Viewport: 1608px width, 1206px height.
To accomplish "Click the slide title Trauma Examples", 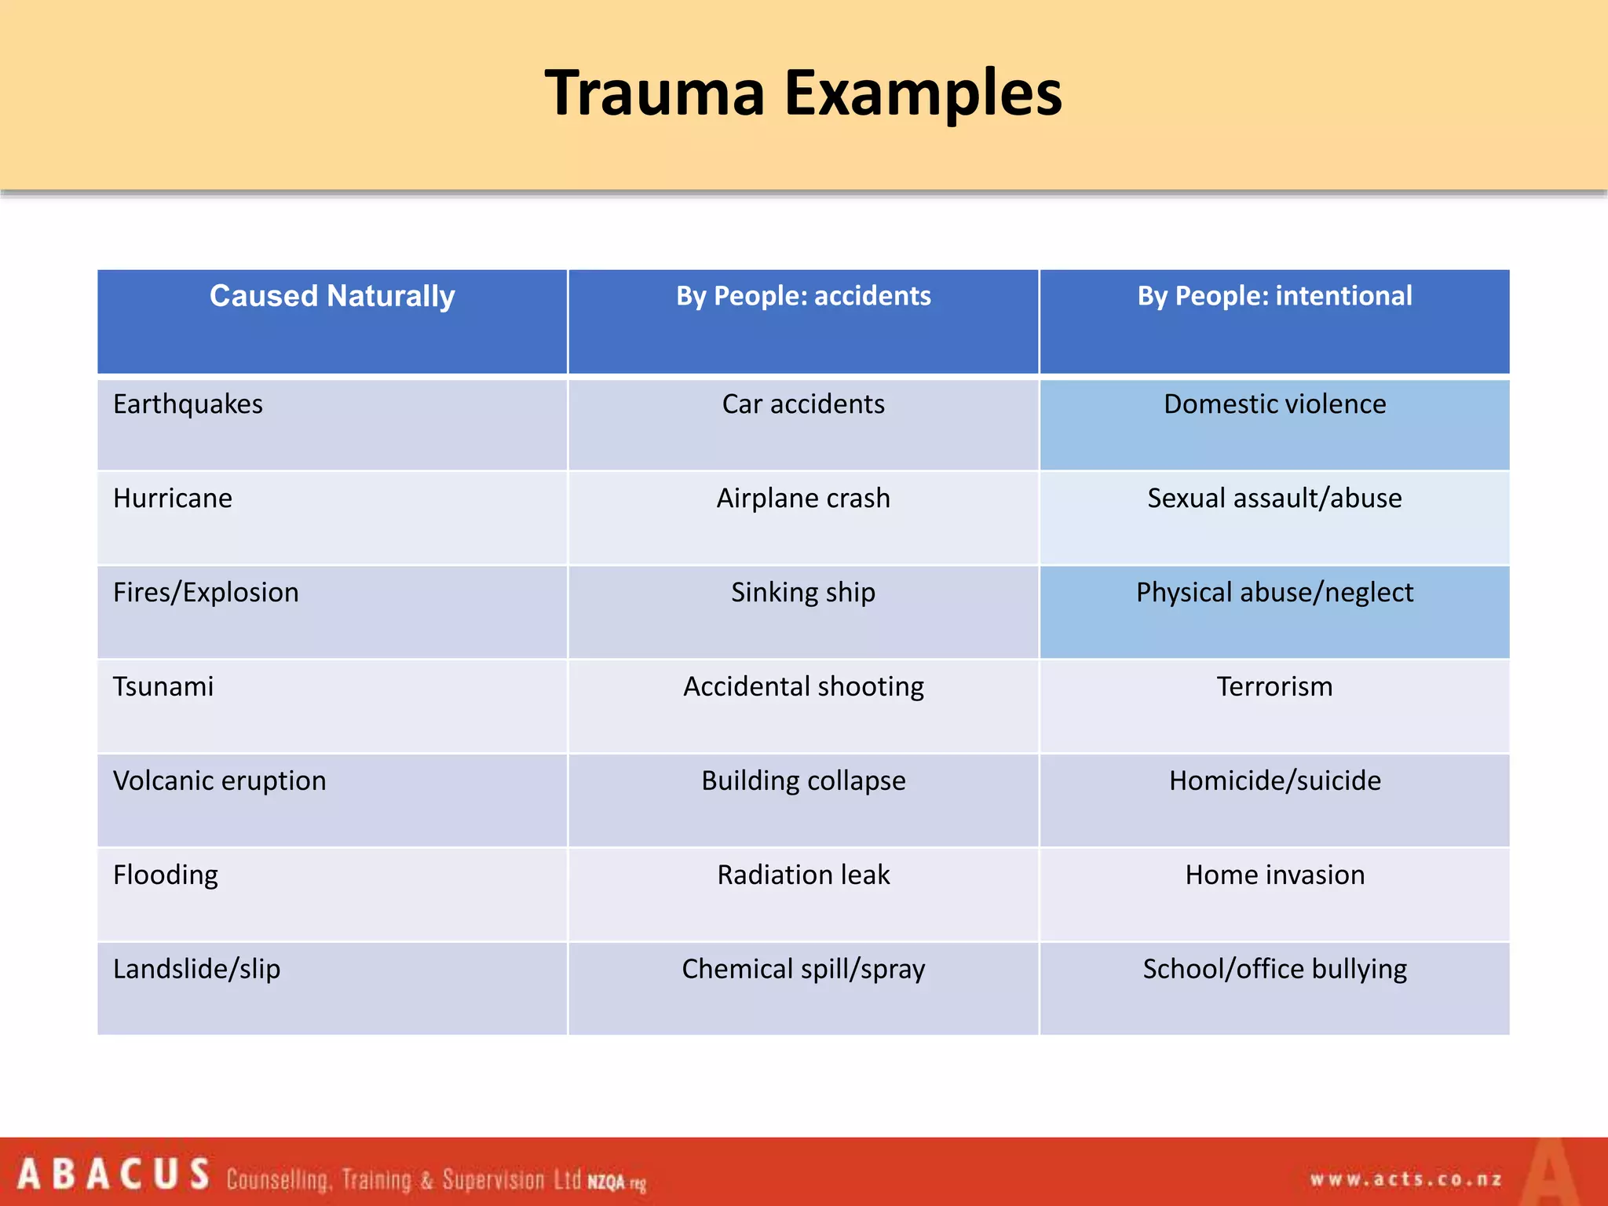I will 803,93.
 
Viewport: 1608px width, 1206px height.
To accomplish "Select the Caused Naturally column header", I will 332,297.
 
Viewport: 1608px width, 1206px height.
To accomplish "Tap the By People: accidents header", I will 803,297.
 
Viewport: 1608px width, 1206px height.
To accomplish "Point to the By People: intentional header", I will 1274,297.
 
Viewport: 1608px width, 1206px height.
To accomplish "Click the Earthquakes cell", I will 188,404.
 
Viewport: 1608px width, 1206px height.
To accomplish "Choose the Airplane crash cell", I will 803,499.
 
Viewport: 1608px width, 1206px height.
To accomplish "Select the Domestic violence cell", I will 1274,404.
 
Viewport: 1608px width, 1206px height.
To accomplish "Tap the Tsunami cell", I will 163,687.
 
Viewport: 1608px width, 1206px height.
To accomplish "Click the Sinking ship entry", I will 803,593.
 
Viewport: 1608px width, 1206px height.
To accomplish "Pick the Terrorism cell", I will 1274,687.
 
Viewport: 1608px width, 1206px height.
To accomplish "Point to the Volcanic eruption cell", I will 220,781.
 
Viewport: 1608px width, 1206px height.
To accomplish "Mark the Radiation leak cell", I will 803,875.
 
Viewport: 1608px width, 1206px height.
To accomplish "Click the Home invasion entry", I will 1274,875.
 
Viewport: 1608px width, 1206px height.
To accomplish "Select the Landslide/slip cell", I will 196,970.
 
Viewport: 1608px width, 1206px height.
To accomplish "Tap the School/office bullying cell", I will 1274,970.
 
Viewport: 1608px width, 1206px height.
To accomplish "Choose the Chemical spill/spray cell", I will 803,970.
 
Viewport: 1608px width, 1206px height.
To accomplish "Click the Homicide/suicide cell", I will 1274,781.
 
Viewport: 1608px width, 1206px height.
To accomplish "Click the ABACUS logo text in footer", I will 114,1175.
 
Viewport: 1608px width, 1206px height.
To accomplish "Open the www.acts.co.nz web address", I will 1405,1179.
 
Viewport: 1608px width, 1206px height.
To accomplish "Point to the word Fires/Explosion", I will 206,593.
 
